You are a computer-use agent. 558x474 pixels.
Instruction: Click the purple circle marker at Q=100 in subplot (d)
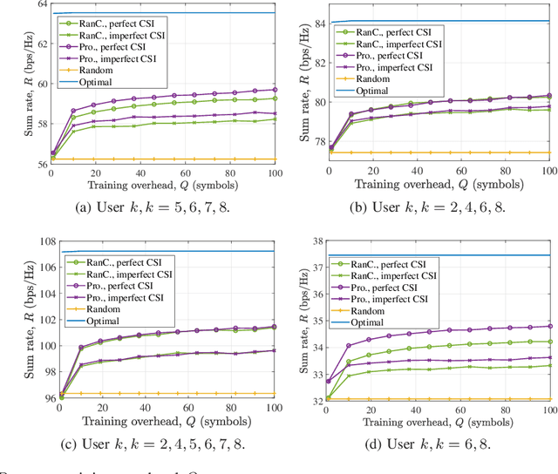click(x=550, y=326)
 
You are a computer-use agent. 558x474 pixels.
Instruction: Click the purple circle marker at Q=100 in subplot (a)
click(x=275, y=90)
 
